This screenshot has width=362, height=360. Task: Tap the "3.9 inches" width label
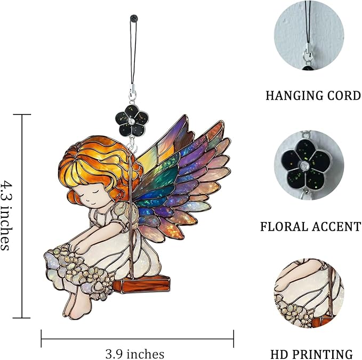135,354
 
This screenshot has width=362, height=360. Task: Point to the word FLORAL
285,226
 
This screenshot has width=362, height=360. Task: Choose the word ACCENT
336,226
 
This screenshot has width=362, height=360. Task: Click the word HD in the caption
281,354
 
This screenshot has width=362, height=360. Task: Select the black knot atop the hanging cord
134,18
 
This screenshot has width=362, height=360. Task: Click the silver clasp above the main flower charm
132,93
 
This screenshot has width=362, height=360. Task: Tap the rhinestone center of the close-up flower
305,165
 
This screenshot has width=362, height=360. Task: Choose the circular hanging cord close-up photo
309,35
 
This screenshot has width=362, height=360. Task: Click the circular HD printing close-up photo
309,293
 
